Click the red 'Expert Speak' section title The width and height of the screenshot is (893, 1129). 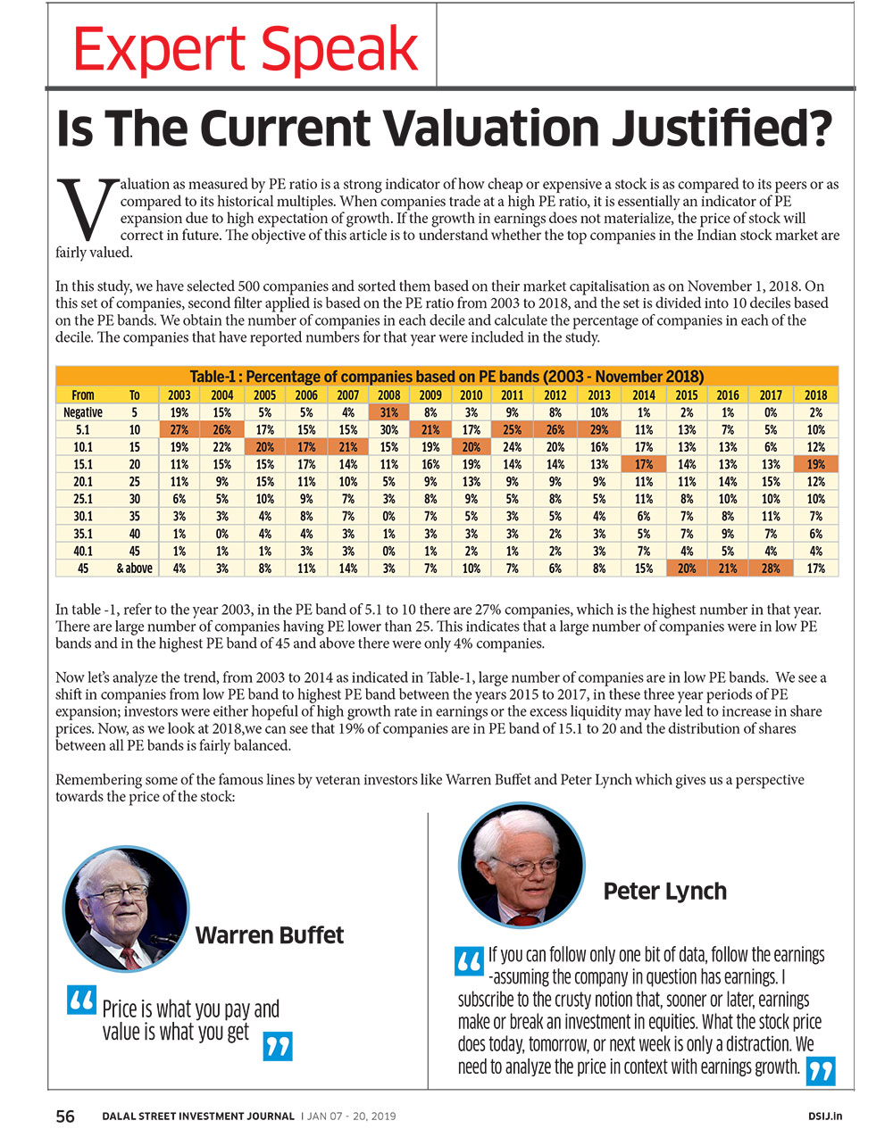click(x=246, y=49)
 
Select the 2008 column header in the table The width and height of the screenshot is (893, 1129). click(x=389, y=395)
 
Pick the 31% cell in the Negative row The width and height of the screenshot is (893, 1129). click(x=389, y=412)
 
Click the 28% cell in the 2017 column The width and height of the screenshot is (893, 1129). click(x=770, y=569)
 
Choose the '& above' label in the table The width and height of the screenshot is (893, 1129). click(x=134, y=569)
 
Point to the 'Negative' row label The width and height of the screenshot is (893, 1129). click(x=82, y=412)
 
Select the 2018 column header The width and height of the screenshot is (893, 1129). click(x=815, y=395)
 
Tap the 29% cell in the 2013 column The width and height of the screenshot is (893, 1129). click(x=599, y=429)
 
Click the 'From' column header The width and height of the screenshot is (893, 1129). click(x=82, y=395)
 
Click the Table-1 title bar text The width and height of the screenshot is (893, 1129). click(x=446, y=376)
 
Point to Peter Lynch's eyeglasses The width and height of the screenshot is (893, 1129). click(x=525, y=866)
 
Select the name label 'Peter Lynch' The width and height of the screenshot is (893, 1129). click(x=664, y=891)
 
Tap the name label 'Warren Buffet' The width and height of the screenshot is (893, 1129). click(x=270, y=934)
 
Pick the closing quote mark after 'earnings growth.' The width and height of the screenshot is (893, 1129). click(x=820, y=1071)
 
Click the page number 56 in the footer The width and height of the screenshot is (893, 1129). click(x=65, y=1116)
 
